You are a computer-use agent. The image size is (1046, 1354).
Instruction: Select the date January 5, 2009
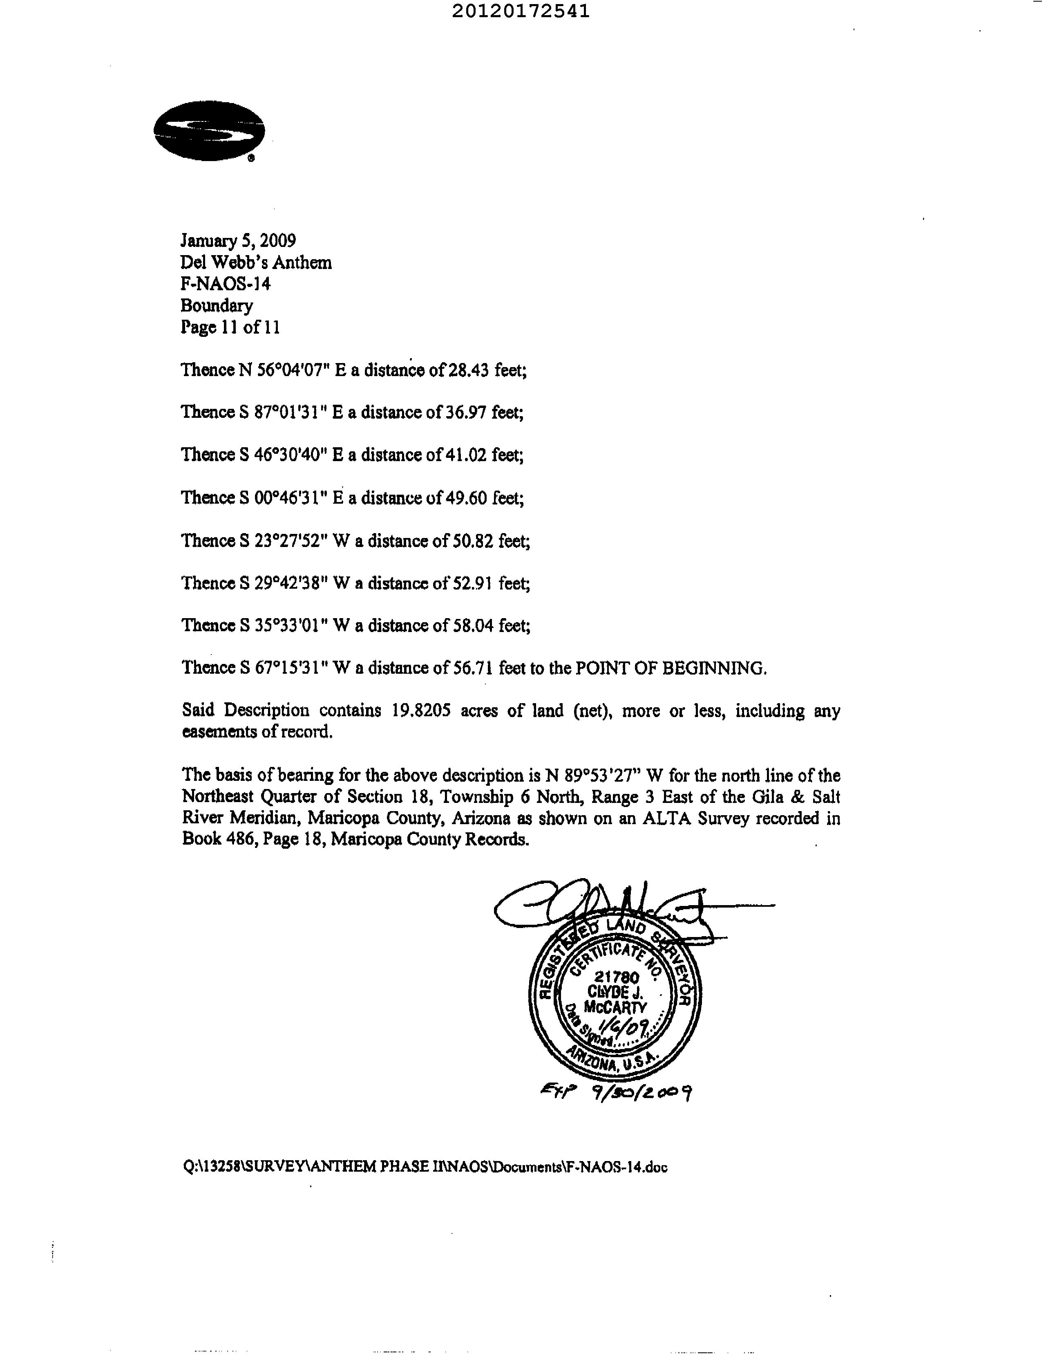(x=238, y=240)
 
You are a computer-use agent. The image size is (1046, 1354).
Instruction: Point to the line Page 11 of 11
(x=230, y=327)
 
